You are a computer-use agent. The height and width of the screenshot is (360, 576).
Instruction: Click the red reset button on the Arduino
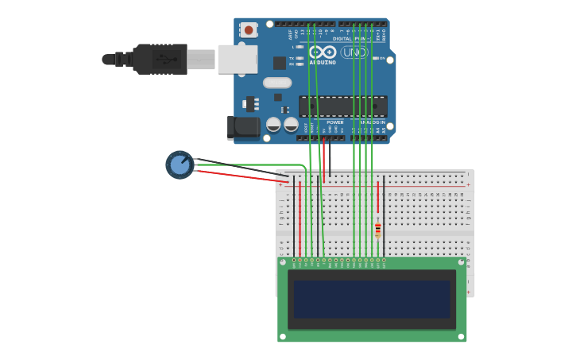click(249, 30)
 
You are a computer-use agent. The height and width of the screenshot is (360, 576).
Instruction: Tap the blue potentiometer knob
click(180, 165)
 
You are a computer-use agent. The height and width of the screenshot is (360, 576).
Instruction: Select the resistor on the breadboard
click(377, 230)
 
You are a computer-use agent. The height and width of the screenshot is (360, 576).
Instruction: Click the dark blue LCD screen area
click(372, 299)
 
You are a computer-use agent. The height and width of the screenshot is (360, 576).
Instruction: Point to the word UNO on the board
click(354, 52)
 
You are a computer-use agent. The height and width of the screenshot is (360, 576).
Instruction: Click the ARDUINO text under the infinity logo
click(323, 62)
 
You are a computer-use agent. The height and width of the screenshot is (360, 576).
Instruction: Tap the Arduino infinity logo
click(323, 52)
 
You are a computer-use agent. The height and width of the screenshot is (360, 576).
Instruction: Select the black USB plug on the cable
click(160, 59)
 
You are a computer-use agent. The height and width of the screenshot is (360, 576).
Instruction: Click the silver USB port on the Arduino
click(238, 59)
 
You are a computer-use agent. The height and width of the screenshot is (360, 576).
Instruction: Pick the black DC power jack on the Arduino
click(243, 127)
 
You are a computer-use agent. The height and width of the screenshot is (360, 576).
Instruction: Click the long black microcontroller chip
click(343, 106)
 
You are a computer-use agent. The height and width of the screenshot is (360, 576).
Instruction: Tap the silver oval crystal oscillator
click(277, 83)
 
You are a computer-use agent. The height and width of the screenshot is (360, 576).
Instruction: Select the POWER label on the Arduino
click(334, 122)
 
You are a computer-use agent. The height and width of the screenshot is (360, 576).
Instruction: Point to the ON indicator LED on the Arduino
click(376, 58)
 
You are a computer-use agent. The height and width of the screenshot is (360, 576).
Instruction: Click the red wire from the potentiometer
click(238, 176)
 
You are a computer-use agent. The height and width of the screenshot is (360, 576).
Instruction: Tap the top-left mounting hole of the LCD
click(282, 261)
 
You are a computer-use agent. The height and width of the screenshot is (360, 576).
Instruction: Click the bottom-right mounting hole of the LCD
click(462, 337)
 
